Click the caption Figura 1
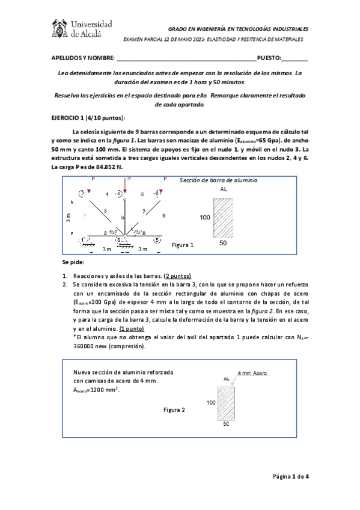183,245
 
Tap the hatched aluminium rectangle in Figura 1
222,217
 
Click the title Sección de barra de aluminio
218,179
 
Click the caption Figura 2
174,410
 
